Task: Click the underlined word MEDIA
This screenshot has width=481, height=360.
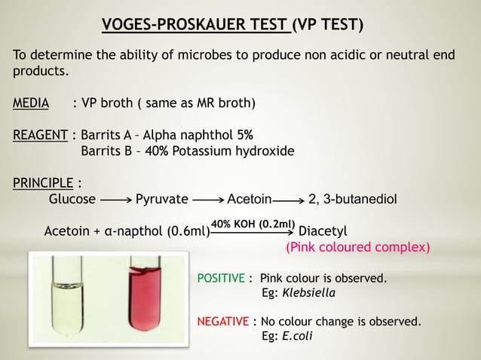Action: (31, 102)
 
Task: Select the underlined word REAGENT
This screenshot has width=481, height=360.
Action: (42, 136)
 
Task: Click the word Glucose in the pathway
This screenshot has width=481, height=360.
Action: (72, 200)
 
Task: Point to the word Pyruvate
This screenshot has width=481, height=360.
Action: (161, 200)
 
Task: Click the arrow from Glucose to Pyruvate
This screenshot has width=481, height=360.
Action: (115, 200)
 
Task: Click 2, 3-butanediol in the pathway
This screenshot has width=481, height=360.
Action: (353, 200)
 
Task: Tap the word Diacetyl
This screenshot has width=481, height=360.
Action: (323, 230)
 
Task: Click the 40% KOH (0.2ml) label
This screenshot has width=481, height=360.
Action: (253, 224)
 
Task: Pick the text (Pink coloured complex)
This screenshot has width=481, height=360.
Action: (357, 247)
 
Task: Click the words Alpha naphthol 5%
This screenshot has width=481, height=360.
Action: (199, 136)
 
